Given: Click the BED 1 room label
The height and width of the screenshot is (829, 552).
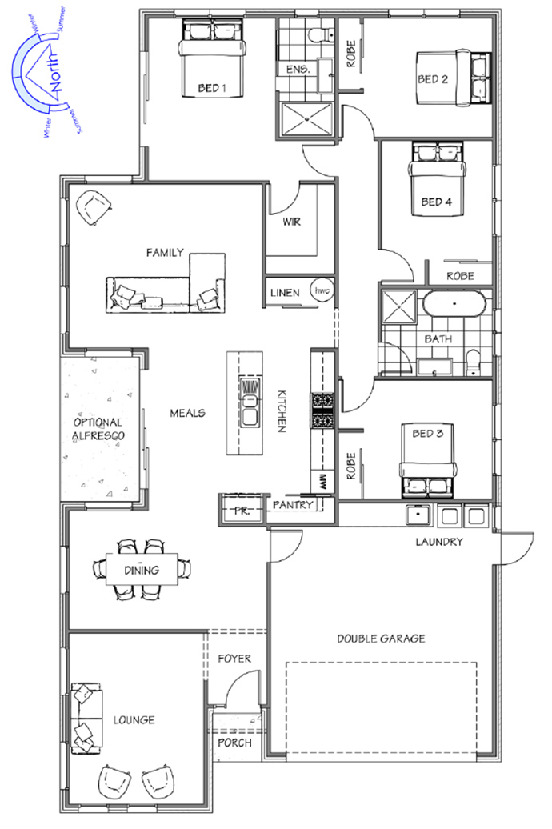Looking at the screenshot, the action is pos(212,88).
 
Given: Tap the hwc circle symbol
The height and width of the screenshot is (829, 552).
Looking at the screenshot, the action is pos(322,290).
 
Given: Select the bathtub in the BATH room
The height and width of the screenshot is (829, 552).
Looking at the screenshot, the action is pos(453,304).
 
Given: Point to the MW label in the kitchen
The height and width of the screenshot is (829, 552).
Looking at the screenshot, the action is pos(322,481).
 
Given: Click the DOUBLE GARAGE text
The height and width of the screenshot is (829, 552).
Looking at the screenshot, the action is pos(382,639).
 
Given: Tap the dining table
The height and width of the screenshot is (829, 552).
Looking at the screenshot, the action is pos(142,570).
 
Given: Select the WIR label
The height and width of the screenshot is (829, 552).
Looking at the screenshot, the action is pos(291,222).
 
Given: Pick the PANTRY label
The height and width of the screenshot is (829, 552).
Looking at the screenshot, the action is pos(292,505).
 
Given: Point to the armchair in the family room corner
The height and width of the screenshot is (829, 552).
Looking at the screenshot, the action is pos(94,208).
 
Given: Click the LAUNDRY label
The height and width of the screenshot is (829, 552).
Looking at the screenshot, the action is pos(439,542).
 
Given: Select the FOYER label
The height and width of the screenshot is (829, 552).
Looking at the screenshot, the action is pos(234,659).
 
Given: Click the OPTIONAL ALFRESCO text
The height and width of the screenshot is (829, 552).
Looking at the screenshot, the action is pos(98,429).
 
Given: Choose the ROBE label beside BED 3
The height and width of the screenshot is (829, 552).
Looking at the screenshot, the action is pos(351,465).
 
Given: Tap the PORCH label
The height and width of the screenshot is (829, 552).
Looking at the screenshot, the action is pos(234,743).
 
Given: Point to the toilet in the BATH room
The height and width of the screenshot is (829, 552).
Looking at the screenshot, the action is pos(474,362).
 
